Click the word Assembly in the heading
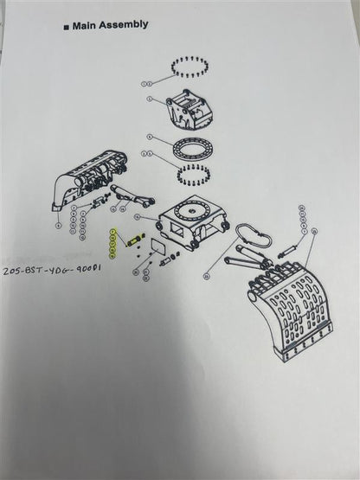[x=125, y=25]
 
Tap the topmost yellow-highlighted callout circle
[x=112, y=231]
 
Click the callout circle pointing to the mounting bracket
[x=149, y=99]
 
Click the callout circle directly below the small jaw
[x=57, y=225]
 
